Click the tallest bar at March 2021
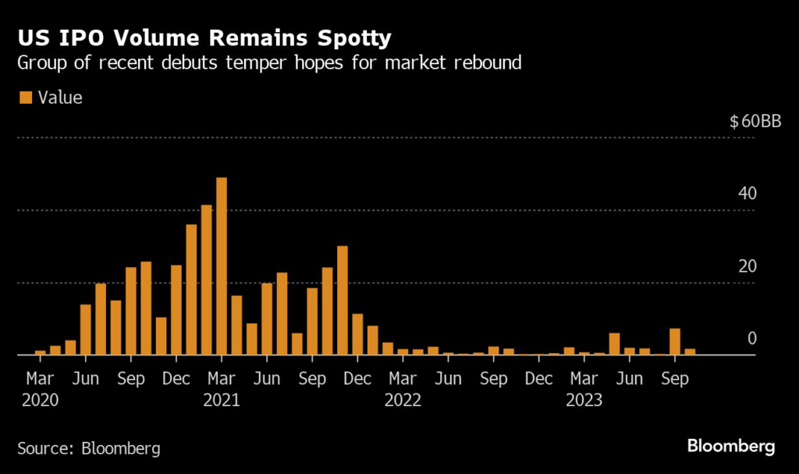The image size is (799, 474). pyautogui.click(x=222, y=266)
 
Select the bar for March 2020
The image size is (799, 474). pyautogui.click(x=41, y=353)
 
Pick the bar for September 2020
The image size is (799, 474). pyautogui.click(x=131, y=311)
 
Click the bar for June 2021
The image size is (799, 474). pyautogui.click(x=267, y=319)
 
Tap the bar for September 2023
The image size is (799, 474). pyautogui.click(x=675, y=342)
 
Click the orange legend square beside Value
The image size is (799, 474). pyautogui.click(x=25, y=98)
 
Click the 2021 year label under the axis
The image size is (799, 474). pyautogui.click(x=222, y=401)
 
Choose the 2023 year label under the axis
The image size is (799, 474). pyautogui.click(x=584, y=401)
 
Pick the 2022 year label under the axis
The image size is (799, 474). pyautogui.click(x=403, y=401)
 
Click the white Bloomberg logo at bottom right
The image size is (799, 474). pyautogui.click(x=731, y=447)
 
